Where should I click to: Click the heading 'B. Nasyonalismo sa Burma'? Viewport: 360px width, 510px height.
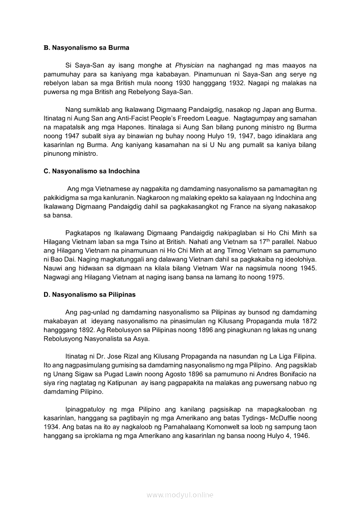86,47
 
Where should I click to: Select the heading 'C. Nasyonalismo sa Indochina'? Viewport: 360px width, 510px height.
92,171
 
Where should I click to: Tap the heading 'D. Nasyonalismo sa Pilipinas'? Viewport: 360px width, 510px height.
89,294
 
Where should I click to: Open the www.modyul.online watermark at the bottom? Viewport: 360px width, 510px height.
180,495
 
